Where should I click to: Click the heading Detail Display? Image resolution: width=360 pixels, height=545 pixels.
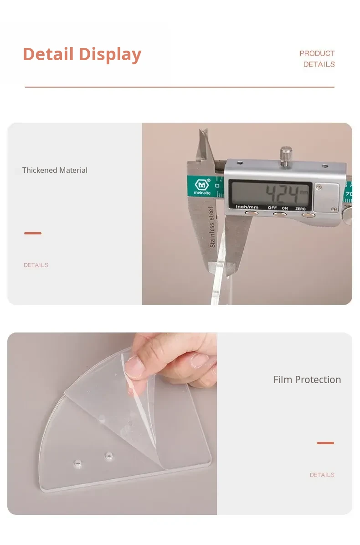[x=82, y=54]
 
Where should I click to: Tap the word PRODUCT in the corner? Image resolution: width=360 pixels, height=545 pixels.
[x=317, y=53]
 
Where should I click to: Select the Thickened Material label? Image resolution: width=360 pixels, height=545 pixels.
[x=55, y=170]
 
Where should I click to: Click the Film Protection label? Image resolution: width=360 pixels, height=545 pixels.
[x=307, y=379]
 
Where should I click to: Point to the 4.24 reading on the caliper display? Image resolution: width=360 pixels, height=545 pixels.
[x=282, y=194]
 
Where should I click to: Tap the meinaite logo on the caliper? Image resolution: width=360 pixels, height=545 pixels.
[x=202, y=187]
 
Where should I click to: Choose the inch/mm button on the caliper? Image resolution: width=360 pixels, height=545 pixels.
[x=251, y=213]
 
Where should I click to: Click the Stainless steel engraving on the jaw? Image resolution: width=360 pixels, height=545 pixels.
[x=211, y=227]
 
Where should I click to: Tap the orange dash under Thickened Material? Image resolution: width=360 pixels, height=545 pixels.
[x=33, y=233]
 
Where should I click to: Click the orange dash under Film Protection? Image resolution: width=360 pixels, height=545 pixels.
[x=325, y=443]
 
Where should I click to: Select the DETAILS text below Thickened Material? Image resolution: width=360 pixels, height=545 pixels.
[x=36, y=265]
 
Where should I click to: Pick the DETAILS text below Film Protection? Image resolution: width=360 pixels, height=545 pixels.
[x=322, y=475]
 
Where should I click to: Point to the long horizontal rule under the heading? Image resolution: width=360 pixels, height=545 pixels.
[x=180, y=87]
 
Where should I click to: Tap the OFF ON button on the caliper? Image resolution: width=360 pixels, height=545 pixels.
[x=279, y=214]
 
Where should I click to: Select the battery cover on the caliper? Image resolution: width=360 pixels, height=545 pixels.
[x=326, y=197]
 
